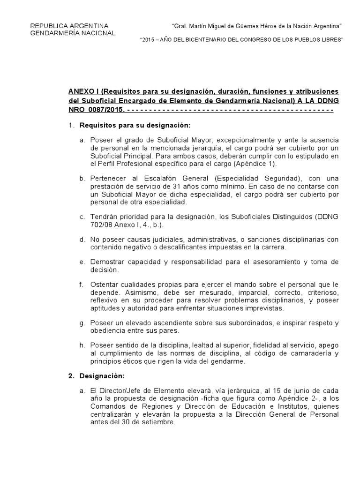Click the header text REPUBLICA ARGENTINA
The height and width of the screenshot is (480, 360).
pyautogui.click(x=69, y=25)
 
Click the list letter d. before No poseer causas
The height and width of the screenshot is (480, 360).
pyautogui.click(x=82, y=240)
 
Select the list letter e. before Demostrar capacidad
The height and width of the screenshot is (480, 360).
pyautogui.click(x=82, y=262)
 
